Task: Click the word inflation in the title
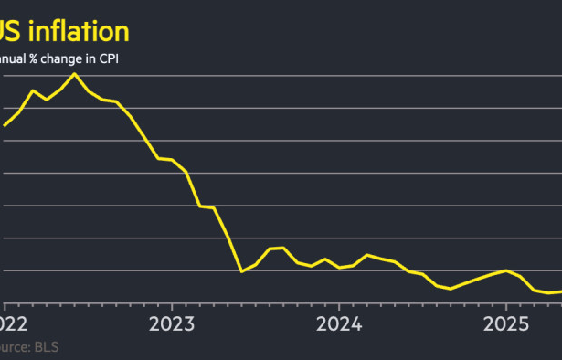tap(77, 32)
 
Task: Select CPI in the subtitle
tap(108, 60)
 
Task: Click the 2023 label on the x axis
tap(171, 323)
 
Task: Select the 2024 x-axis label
tap(338, 323)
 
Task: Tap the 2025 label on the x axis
tap(505, 323)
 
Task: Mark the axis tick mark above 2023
tap(171, 306)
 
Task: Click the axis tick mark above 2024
tap(338, 306)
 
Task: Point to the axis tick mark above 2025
tap(505, 306)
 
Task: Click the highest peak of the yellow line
tap(74, 73)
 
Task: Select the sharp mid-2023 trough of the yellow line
tap(241, 271)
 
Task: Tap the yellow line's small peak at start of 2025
tap(505, 270)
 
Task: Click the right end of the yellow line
tap(560, 291)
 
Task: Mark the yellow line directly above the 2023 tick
tap(171, 160)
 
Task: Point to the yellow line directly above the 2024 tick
tap(338, 268)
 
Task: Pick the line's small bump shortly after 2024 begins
tap(366, 255)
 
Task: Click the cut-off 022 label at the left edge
tap(13, 323)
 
